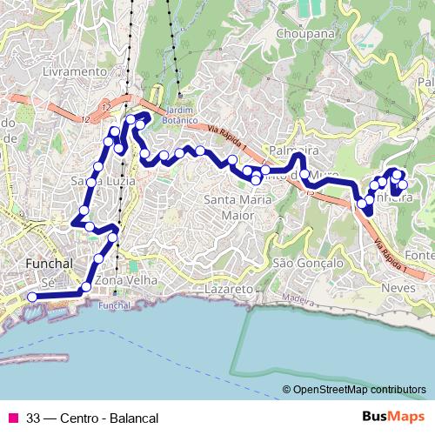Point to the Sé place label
[49, 284]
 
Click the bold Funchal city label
[48, 262]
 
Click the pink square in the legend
[12, 418]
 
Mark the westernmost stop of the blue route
[32, 297]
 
